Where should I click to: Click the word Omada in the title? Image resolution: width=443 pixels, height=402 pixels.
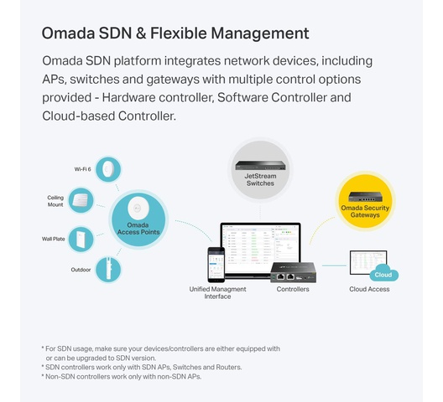point(68,33)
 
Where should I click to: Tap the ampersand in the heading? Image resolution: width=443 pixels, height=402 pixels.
point(141,33)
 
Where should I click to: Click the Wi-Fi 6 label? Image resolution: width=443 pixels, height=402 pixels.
point(82,169)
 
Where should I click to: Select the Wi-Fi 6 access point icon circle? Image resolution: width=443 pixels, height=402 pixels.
point(108,169)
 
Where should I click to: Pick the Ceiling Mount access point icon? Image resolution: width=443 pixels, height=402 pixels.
point(81,200)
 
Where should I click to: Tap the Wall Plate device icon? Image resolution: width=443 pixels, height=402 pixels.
point(81,240)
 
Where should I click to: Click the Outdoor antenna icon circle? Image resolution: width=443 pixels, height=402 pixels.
point(108,270)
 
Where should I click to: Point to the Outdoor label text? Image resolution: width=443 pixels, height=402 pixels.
point(81,270)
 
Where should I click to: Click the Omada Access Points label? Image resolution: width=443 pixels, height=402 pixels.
point(138,229)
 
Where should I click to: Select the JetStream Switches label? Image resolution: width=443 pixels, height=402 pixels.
point(260,179)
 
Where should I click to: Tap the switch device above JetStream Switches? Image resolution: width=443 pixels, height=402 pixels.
point(260,165)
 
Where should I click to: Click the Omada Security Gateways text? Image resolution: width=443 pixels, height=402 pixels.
point(365,211)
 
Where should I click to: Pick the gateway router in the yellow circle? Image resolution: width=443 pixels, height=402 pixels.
point(365,197)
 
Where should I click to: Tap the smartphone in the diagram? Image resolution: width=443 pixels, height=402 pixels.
point(216,265)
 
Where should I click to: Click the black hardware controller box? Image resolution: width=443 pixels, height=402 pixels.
point(294,272)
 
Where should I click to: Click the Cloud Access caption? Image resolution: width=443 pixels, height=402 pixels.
point(369,289)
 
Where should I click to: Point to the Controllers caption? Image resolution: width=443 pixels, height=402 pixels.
point(293,289)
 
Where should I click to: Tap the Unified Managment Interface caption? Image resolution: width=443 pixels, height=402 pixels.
point(217,293)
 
